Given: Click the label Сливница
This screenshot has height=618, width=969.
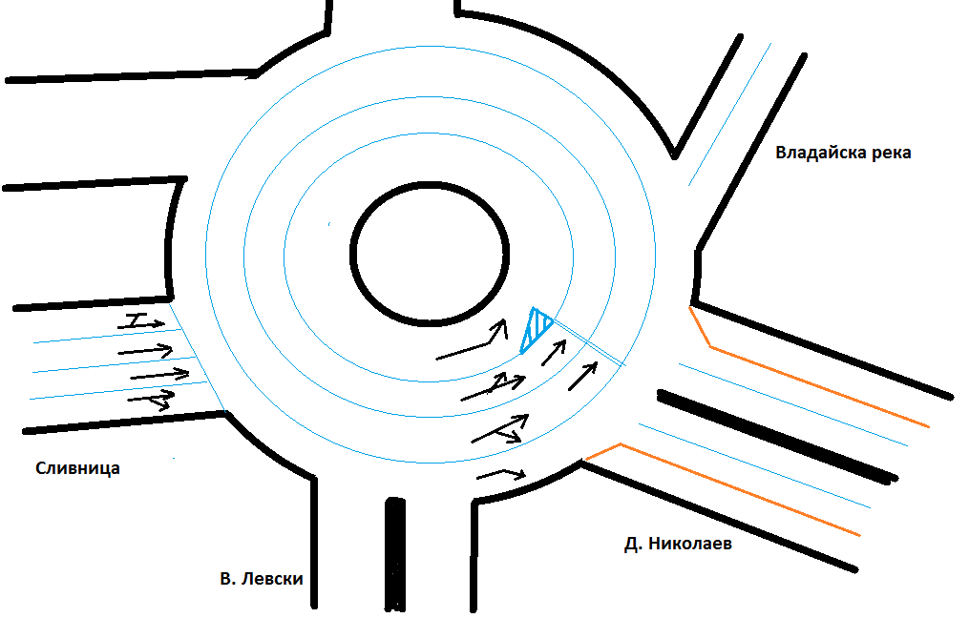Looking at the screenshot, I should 77,468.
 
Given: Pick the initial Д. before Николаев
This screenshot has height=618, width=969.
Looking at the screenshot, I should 632,545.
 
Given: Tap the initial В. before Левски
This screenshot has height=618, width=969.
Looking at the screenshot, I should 228,578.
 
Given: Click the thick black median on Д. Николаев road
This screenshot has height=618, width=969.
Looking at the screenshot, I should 778,435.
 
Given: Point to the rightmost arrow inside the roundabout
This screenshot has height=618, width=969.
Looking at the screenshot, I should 582,375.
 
